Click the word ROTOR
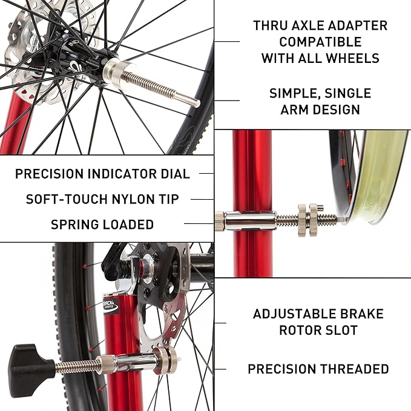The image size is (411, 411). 306,330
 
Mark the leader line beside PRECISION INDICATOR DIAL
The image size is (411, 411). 206,174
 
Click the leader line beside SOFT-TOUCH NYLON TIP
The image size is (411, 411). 206,199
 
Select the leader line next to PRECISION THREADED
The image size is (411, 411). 222,369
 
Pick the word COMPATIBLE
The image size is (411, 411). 320,42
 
